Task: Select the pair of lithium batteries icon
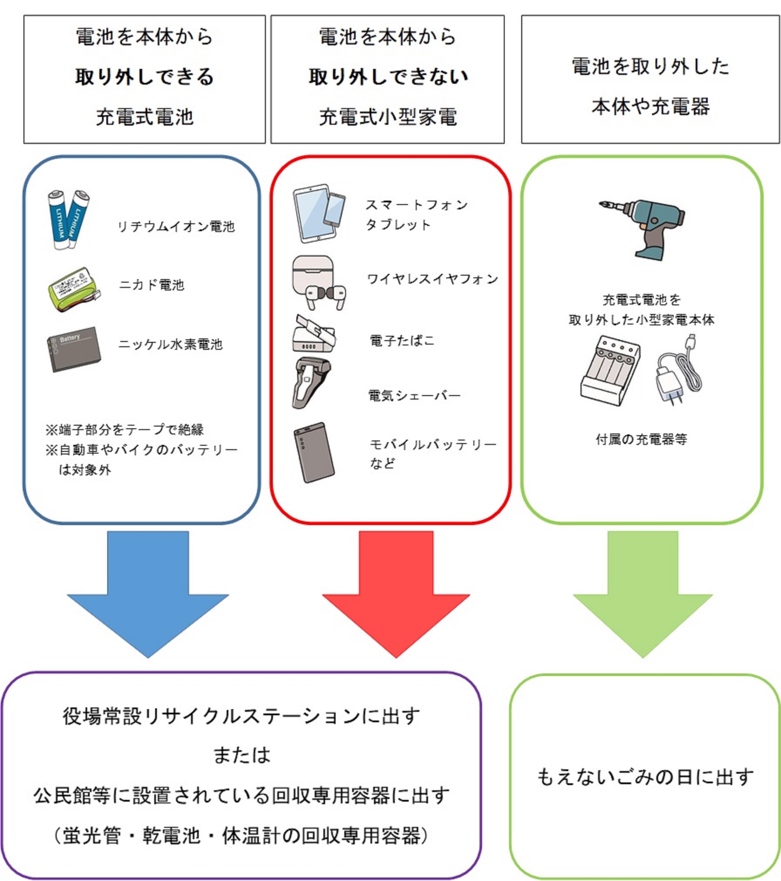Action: [x=68, y=220]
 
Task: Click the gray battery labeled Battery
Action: [x=73, y=349]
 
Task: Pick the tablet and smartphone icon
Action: [x=319, y=213]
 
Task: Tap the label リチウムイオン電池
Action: [x=176, y=227]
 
